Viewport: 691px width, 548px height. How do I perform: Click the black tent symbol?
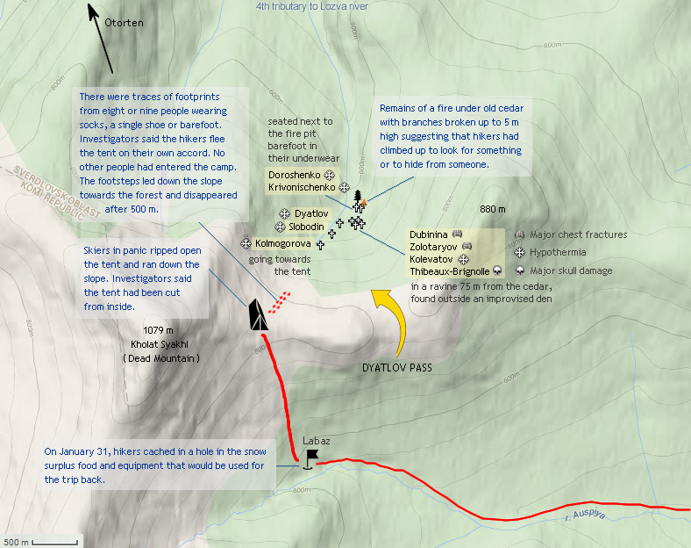tap(257, 315)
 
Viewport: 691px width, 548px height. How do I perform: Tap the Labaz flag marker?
tap(310, 458)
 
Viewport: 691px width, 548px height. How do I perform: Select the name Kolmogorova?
tap(282, 243)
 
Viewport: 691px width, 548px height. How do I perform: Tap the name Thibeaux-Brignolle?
tap(449, 272)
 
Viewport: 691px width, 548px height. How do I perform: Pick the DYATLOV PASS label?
tap(397, 366)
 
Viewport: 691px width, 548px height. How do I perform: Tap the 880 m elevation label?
tap(493, 209)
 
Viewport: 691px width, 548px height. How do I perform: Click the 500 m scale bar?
tap(40, 541)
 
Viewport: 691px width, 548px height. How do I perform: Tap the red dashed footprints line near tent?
tap(278, 304)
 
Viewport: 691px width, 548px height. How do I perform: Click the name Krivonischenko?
tap(303, 188)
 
